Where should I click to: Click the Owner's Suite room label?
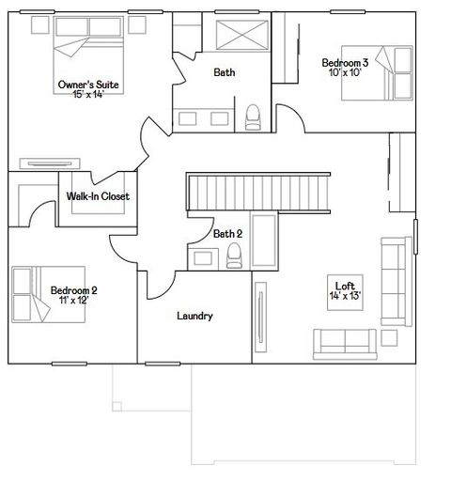(x=88, y=85)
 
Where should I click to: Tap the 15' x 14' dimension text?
(x=88, y=95)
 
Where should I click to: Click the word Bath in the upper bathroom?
(x=225, y=72)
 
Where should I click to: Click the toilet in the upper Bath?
(x=251, y=116)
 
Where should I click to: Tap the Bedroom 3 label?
(x=345, y=63)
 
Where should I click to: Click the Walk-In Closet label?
(x=98, y=196)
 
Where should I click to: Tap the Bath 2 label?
(x=227, y=234)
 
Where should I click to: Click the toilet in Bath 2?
(x=235, y=255)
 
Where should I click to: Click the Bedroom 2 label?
(x=74, y=290)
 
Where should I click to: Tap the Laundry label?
(x=194, y=316)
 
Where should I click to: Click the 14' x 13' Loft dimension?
(x=345, y=296)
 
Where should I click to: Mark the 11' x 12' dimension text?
(x=74, y=301)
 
